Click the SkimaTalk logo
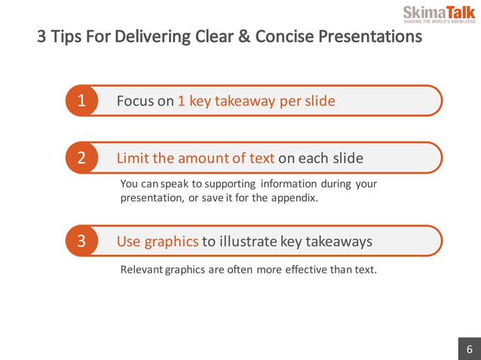pyautogui.click(x=439, y=14)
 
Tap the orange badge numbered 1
pyautogui.click(x=81, y=101)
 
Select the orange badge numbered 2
pyautogui.click(x=81, y=158)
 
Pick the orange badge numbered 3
pyautogui.click(x=81, y=242)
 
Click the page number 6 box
pyautogui.click(x=469, y=349)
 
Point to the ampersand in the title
pyautogui.click(x=244, y=36)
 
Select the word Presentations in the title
pyautogui.click(x=369, y=36)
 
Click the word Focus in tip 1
pyautogui.click(x=135, y=101)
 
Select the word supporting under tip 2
pyautogui.click(x=228, y=184)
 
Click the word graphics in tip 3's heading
pyautogui.click(x=171, y=242)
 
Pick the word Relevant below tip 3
pyautogui.click(x=142, y=270)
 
